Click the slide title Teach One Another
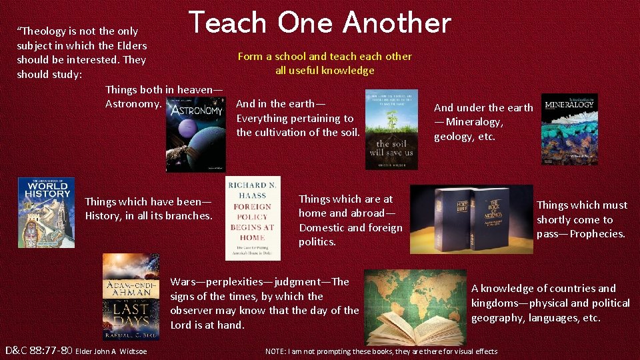pos(320,23)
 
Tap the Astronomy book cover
pos(195,133)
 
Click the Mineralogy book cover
pos(569,128)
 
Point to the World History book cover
pos(46,212)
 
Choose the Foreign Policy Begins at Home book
pos(253,218)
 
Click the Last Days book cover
pos(131,297)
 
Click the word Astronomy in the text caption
pos(133,104)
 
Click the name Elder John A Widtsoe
pos(113,351)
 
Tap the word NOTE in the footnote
pos(277,351)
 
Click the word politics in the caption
pos(317,242)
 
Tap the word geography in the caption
pos(497,318)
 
